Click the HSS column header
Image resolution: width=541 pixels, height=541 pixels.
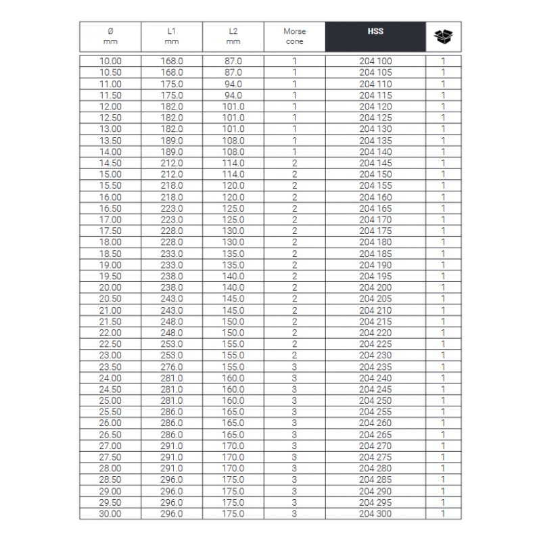click(375, 32)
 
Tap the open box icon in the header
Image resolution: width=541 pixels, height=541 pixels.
click(443, 37)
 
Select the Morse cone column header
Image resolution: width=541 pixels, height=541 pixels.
click(294, 37)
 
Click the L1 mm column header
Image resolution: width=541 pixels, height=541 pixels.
click(172, 37)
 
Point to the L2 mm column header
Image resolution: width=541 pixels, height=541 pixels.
click(233, 37)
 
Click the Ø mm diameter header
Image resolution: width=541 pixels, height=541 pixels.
click(110, 37)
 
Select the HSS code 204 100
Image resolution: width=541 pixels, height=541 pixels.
click(375, 62)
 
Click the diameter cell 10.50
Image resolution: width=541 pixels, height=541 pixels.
click(110, 72)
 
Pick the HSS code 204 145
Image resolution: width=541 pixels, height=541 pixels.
click(375, 163)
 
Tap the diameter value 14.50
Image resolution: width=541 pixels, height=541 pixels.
click(110, 163)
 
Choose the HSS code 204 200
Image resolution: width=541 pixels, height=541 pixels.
click(375, 287)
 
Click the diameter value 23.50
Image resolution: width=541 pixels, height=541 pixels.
click(110, 367)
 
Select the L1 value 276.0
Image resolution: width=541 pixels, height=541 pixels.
click(172, 367)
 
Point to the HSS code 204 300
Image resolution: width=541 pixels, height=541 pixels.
click(375, 514)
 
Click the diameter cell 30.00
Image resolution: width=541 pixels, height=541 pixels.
click(110, 514)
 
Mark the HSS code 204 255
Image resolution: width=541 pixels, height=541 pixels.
click(375, 412)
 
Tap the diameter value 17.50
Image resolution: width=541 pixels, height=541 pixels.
click(110, 231)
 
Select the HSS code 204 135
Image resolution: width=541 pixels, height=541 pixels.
click(375, 141)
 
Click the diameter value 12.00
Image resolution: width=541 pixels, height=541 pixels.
click(110, 106)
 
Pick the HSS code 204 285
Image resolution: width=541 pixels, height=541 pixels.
click(375, 480)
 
